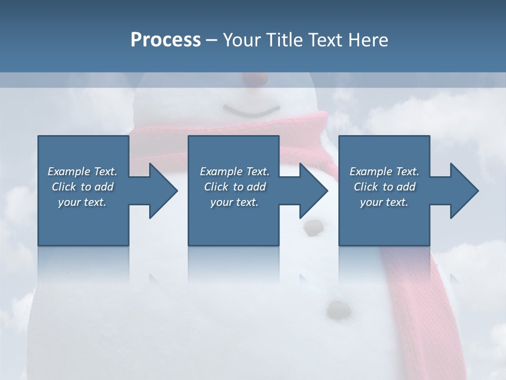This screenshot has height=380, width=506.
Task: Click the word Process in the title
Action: click(166, 40)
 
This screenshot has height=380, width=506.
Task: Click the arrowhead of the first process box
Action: click(163, 191)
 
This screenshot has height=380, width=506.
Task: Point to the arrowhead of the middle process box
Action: click(313, 191)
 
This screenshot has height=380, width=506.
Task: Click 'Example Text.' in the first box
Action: click(82, 172)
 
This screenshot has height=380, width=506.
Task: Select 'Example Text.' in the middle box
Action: click(235, 172)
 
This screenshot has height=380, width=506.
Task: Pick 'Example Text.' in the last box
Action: click(384, 172)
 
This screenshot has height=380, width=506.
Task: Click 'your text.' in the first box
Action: click(82, 202)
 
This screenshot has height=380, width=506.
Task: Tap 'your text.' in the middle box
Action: click(235, 202)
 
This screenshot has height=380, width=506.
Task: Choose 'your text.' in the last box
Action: click(384, 202)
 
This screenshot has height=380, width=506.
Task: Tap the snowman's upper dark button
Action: click(314, 227)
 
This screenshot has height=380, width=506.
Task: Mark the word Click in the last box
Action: click(365, 187)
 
